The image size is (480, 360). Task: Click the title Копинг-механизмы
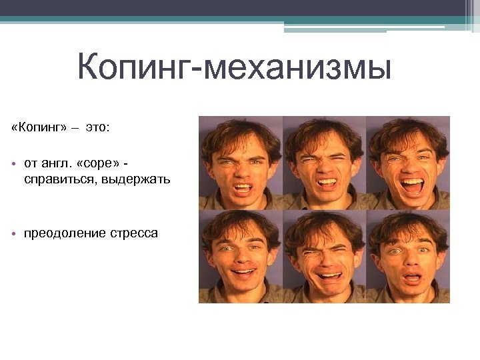point(233,69)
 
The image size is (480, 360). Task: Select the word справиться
point(59,179)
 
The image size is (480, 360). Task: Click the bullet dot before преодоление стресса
point(14,234)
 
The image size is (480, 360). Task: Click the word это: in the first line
point(97,127)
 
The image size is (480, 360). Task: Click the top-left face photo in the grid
point(241,163)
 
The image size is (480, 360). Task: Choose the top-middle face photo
point(325,163)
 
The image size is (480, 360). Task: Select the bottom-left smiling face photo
point(241,257)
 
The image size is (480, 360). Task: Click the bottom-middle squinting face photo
point(325,257)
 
